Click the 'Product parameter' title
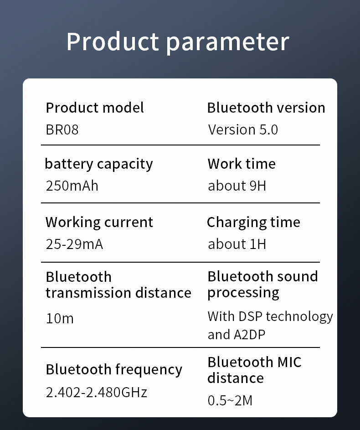pyautogui.click(x=178, y=41)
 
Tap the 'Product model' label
pyautogui.click(x=95, y=108)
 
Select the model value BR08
pyautogui.click(x=62, y=130)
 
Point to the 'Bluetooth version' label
pyautogui.click(x=266, y=108)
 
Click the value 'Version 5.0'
pyautogui.click(x=243, y=130)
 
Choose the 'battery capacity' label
pyautogui.click(x=99, y=164)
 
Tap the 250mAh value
pyautogui.click(x=72, y=186)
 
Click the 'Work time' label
pyautogui.click(x=242, y=164)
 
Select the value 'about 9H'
pyautogui.click(x=237, y=186)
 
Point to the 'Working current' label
pyautogui.click(x=99, y=223)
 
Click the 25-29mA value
pyautogui.click(x=75, y=244)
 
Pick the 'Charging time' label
pyautogui.click(x=254, y=223)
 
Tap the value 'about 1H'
pyautogui.click(x=237, y=244)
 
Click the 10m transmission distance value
pyautogui.click(x=60, y=319)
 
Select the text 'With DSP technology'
pyautogui.click(x=270, y=317)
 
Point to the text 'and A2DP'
pyautogui.click(x=237, y=335)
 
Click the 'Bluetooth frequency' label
pyautogui.click(x=114, y=370)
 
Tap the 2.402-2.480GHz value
pyautogui.click(x=97, y=392)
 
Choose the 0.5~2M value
pyautogui.click(x=230, y=400)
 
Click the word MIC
pyautogui.click(x=289, y=362)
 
